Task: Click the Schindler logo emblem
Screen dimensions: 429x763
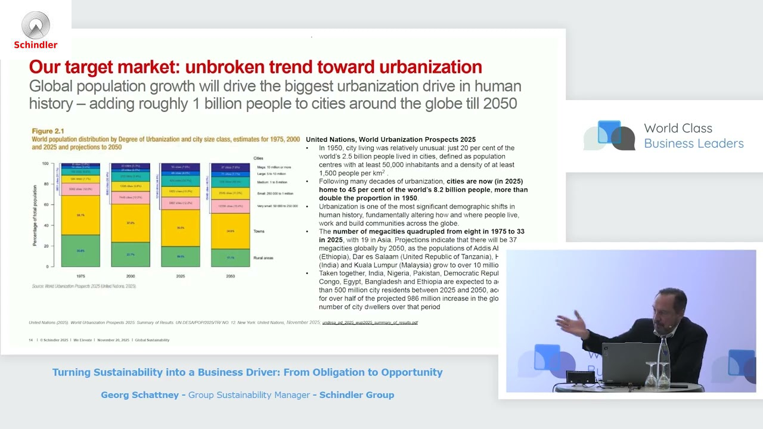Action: (36, 25)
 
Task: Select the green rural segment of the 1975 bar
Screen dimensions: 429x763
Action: (80, 251)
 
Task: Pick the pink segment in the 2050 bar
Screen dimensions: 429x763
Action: (230, 206)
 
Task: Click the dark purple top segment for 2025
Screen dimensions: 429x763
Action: (180, 167)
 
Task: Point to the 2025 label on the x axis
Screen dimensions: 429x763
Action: (180, 276)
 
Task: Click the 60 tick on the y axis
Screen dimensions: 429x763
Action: (45, 204)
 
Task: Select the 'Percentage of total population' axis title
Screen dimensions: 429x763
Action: (35, 215)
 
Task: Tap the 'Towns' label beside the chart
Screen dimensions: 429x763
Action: (259, 231)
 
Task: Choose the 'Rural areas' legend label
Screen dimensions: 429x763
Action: (263, 258)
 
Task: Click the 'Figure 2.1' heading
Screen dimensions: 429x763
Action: (48, 131)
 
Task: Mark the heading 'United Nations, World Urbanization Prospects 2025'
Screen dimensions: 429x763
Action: (390, 139)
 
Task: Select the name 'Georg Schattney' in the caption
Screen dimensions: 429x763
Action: (139, 395)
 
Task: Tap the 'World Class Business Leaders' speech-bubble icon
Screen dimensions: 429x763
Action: (609, 135)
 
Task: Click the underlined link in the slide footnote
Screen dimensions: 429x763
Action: (370, 322)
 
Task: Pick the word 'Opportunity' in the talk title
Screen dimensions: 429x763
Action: (412, 372)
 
